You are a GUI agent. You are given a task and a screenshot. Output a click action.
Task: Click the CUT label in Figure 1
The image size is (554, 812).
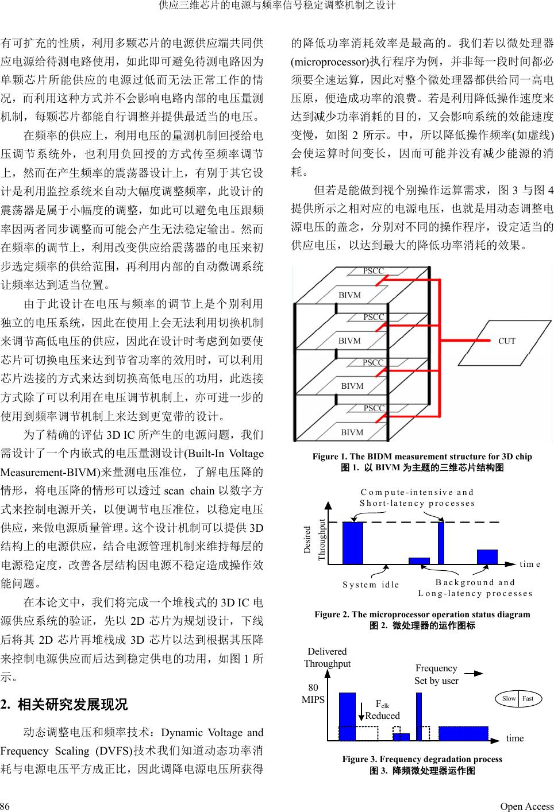[506, 341]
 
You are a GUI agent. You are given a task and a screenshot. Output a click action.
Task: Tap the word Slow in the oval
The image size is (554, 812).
[509, 699]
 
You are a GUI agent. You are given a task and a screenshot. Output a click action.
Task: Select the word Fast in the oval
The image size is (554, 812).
[528, 699]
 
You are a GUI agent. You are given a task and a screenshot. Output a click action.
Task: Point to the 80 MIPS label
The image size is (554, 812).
[313, 694]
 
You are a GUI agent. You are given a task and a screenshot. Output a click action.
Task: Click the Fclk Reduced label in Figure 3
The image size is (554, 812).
[382, 710]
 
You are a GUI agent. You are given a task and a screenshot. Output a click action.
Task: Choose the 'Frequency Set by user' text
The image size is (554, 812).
[436, 675]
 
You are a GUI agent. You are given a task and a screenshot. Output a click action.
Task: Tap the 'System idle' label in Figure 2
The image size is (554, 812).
[371, 585]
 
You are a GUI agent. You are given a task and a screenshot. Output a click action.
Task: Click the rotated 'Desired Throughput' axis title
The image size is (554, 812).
[314, 540]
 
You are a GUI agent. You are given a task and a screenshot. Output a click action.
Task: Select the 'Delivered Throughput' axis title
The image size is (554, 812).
[327, 658]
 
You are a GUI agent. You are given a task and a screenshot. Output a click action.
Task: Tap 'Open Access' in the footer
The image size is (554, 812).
[526, 806]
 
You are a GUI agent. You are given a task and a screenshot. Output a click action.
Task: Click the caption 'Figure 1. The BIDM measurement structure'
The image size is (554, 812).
[422, 457]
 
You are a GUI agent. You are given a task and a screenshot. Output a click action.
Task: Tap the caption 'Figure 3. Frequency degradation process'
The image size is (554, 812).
[422, 759]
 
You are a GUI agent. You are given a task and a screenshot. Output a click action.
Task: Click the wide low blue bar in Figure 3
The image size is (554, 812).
[463, 733]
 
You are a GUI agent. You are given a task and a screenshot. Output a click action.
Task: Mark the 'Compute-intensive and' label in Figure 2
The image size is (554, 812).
[417, 492]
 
